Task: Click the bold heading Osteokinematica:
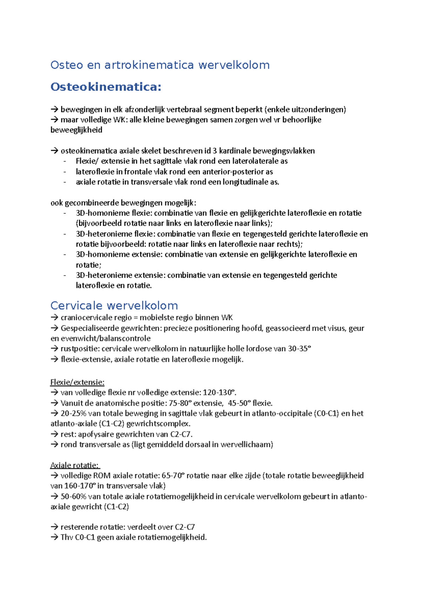point(106,87)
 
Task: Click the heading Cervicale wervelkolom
point(114,305)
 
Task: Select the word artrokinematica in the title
point(149,65)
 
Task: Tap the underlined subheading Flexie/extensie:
point(77,382)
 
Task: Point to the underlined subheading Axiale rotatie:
point(75,465)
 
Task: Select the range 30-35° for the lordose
point(299,349)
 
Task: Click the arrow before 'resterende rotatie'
point(54,527)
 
